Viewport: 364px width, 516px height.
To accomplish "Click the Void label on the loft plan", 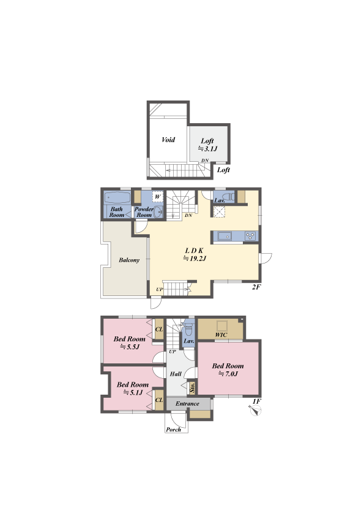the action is [168, 140].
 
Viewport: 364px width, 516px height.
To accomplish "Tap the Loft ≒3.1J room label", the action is [207, 145].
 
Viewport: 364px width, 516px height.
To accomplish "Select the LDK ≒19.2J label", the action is [195, 255].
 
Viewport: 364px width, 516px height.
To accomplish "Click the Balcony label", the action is [129, 260].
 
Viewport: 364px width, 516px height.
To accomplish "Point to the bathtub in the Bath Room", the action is [117, 198].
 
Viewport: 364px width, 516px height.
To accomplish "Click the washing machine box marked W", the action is [158, 197].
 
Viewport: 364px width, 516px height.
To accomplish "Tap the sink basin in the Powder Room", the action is [158, 212].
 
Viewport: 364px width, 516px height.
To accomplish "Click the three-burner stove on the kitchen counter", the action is [251, 236].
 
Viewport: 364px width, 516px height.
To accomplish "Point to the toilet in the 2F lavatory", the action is [231, 197].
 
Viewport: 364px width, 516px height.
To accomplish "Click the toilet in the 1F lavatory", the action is [188, 328].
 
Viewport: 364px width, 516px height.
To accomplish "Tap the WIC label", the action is [221, 335].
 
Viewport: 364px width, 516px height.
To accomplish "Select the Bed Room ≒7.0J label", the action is [228, 370].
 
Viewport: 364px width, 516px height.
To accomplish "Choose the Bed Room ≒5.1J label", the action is [133, 389].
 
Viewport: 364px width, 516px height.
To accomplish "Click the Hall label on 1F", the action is [176, 374].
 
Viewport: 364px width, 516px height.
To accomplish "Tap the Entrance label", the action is [187, 404].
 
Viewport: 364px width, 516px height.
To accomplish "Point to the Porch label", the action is [174, 430].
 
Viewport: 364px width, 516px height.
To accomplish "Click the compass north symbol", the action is [256, 411].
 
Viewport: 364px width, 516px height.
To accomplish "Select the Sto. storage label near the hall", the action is [193, 388].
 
